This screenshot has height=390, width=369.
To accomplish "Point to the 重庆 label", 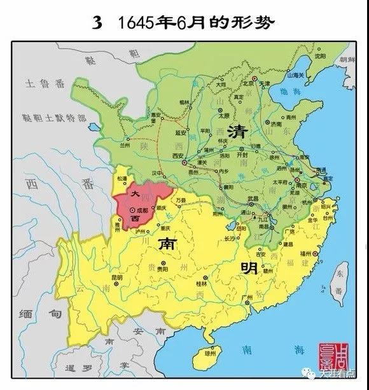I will tap(166, 228).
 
